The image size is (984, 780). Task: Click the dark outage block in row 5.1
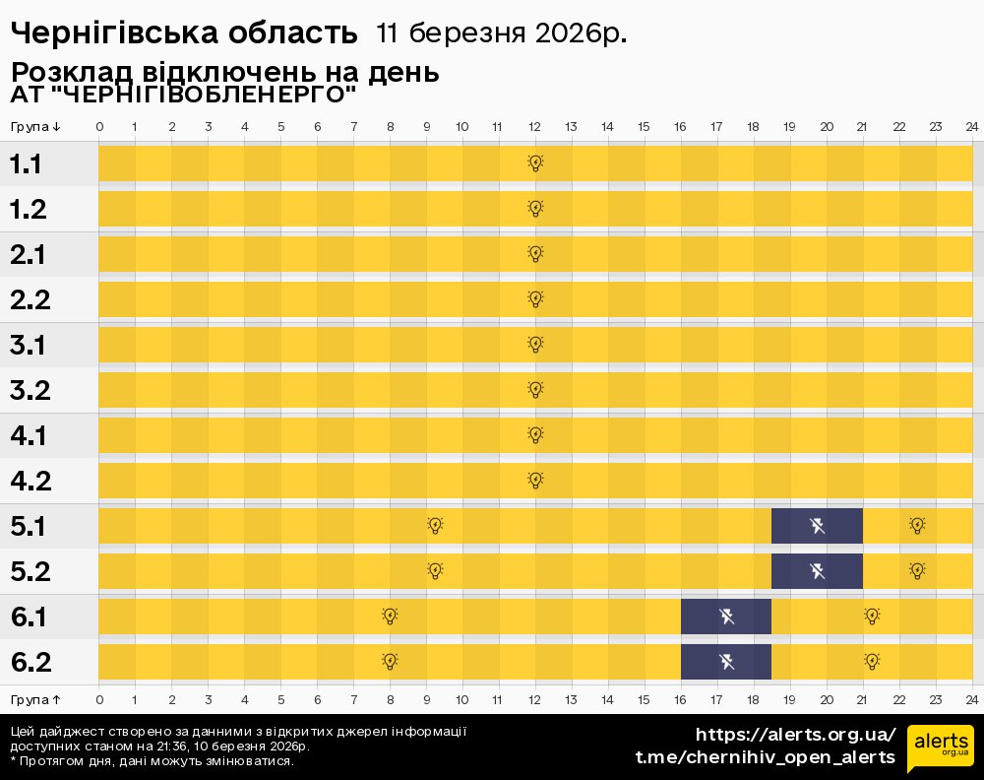817,526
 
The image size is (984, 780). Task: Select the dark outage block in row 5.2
817,571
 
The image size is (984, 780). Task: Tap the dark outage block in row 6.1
726,617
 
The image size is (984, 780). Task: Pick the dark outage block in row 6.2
726,662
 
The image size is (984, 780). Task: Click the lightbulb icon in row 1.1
535,163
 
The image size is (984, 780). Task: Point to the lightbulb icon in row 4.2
535,481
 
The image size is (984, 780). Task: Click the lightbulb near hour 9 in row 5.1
435,526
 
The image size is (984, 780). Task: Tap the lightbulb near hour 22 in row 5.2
917,571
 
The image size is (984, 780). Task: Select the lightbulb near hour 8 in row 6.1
390,617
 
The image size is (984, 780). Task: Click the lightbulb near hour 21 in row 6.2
872,662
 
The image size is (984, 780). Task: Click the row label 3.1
30,346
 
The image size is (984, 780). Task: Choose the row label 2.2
30,300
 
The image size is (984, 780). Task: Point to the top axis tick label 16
680,127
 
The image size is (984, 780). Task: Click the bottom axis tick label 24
971,699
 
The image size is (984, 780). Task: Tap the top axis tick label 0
99,127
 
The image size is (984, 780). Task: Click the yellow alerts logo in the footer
940,747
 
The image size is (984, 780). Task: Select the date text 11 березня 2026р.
501,33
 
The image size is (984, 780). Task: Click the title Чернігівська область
183,33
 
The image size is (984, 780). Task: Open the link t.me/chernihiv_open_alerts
766,757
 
